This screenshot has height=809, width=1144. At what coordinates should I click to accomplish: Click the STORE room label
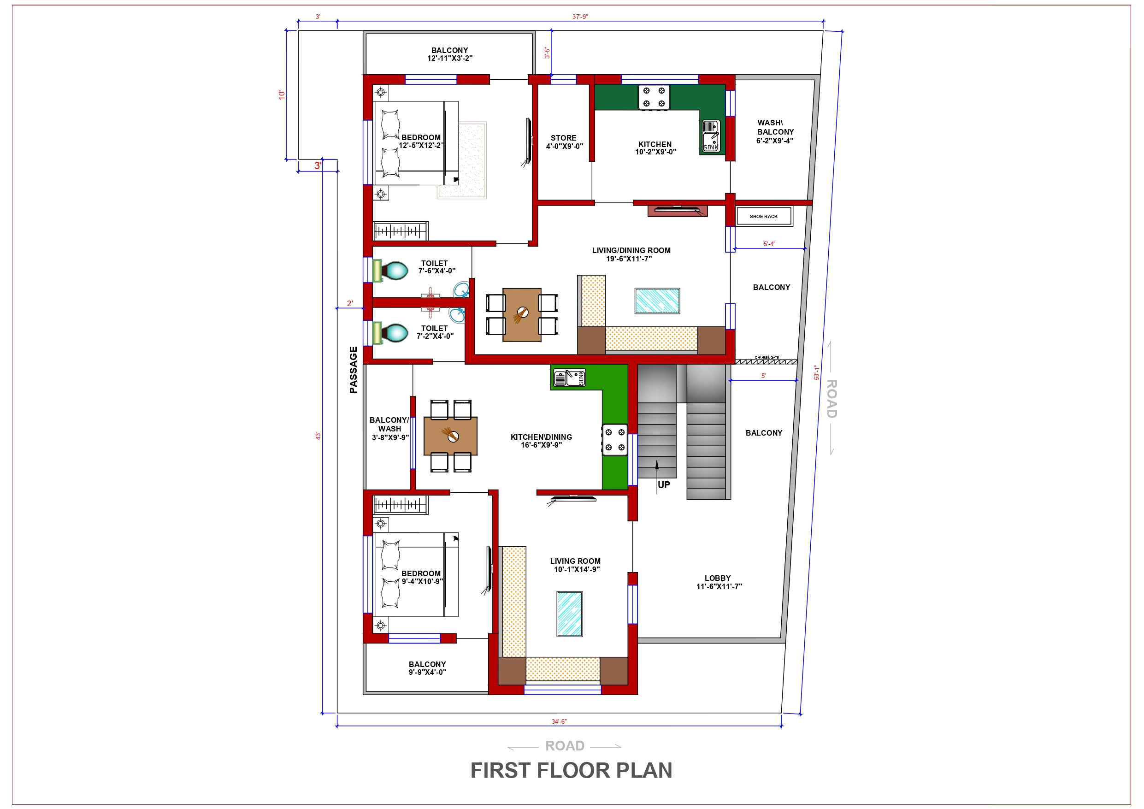[x=564, y=142]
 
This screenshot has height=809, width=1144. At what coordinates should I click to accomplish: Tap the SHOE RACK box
[x=763, y=216]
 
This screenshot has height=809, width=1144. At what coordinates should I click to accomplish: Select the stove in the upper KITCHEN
[x=654, y=97]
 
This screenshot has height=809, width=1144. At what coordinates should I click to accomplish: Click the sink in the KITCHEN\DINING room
[x=569, y=378]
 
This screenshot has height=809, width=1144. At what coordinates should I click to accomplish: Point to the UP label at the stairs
[x=663, y=484]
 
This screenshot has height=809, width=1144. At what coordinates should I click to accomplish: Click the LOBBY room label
[x=718, y=582]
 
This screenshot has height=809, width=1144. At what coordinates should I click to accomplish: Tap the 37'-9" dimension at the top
[x=579, y=17]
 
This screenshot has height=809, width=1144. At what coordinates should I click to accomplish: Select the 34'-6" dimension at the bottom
[x=559, y=721]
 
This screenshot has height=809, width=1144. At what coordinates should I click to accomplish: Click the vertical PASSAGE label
[x=353, y=369]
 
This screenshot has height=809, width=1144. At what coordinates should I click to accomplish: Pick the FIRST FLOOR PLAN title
[x=571, y=770]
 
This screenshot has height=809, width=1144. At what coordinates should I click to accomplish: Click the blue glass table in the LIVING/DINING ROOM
[x=657, y=301]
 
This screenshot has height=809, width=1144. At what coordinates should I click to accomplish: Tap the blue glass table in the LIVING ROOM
[x=569, y=614]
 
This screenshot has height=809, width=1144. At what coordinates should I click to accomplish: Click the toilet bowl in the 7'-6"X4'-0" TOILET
[x=396, y=271]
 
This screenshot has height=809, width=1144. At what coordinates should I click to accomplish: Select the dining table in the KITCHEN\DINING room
[x=450, y=436]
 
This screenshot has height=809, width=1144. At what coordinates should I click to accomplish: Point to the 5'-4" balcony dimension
[x=769, y=244]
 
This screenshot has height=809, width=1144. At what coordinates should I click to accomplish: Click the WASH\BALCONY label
[x=774, y=131]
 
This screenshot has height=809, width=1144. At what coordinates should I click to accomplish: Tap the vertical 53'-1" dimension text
[x=816, y=372]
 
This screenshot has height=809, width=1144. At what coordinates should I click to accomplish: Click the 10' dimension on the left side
[x=282, y=94]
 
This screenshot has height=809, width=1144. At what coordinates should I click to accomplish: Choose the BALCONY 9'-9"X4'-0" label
[x=427, y=668]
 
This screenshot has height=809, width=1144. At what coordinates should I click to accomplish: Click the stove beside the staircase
[x=614, y=440]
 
